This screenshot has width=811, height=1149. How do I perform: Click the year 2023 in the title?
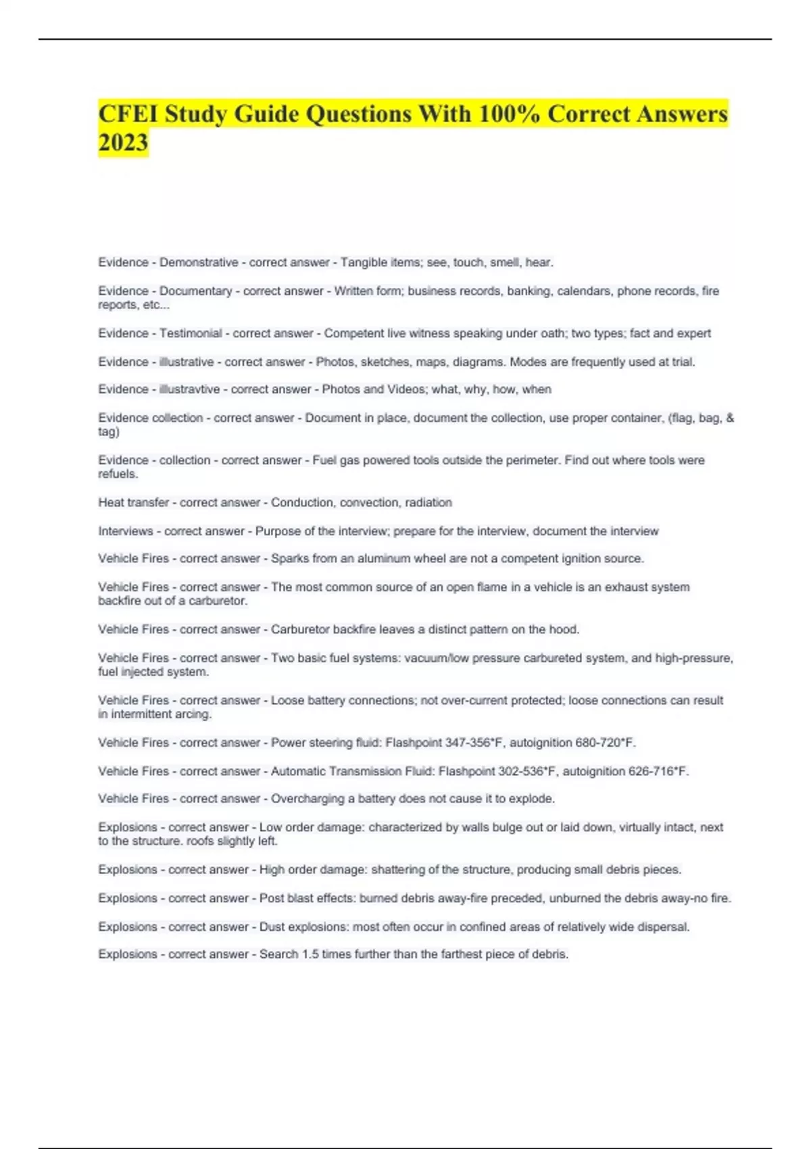pos(123,143)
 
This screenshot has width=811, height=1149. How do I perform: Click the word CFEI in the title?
pos(128,114)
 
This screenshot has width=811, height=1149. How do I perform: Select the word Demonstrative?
pos(199,262)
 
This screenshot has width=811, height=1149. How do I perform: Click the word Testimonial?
pos(191,333)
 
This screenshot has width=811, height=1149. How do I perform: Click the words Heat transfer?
pos(134,502)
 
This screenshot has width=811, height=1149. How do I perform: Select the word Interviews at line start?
pos(126,531)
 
